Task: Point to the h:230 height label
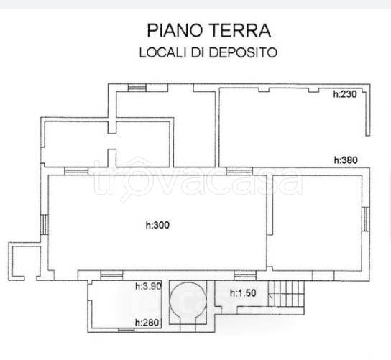[x=345, y=94]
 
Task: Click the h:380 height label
[x=345, y=160]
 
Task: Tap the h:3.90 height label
[x=147, y=287]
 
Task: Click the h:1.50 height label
[x=242, y=292]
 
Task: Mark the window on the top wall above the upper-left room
[x=136, y=88]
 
